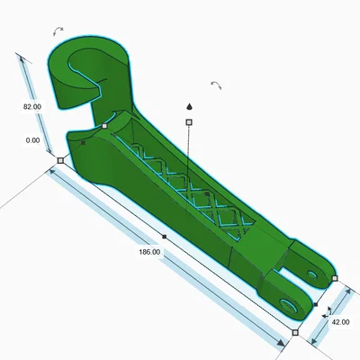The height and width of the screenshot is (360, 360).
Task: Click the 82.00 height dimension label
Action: pos(32,107)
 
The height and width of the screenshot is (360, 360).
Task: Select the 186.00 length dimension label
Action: pos(149,252)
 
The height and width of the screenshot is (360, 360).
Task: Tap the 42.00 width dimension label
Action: pos(340,322)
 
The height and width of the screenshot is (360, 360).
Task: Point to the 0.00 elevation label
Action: pos(32,140)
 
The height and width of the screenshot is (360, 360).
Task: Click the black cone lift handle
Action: pos(189,106)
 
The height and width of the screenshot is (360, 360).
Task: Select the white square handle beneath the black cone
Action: pos(189,122)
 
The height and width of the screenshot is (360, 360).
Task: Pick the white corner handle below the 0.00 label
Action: pos(60,160)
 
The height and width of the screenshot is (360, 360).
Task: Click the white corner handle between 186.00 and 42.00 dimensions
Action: pos(295,332)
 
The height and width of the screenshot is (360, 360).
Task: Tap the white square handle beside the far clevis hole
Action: pos(335,278)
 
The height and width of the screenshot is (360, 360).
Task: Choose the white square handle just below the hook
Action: pos(104,126)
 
